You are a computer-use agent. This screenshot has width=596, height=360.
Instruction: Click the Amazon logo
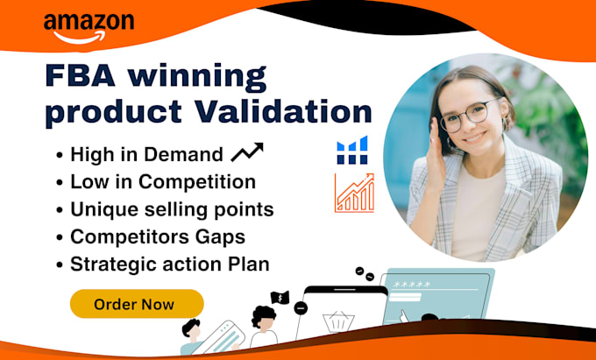point(89,28)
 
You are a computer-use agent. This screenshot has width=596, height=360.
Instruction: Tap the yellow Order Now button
point(137,304)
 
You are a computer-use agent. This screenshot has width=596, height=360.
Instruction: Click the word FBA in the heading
point(81,76)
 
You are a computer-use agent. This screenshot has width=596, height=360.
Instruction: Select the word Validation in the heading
point(284,111)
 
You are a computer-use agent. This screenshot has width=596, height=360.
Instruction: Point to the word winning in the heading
point(197,78)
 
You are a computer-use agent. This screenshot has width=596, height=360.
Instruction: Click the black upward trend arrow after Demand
point(247,152)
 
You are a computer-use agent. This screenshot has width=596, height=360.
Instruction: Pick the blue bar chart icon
point(352,150)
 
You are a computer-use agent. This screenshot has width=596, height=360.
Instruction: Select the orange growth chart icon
point(354,193)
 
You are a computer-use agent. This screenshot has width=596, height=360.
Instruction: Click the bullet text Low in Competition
point(163,182)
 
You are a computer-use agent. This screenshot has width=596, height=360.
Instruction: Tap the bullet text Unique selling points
point(172,209)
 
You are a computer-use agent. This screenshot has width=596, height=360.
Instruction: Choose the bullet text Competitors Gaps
point(158,237)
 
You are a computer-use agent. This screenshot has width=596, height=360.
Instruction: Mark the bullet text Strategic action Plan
point(170,265)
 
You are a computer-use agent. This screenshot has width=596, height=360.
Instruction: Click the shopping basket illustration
point(338,321)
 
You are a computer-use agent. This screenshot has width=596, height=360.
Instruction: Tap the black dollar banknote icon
point(280,298)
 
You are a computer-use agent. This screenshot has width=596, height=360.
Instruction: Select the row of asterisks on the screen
point(412,285)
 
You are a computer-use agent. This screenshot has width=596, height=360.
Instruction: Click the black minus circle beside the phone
point(301,308)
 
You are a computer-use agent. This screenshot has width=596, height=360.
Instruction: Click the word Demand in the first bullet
point(183,154)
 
